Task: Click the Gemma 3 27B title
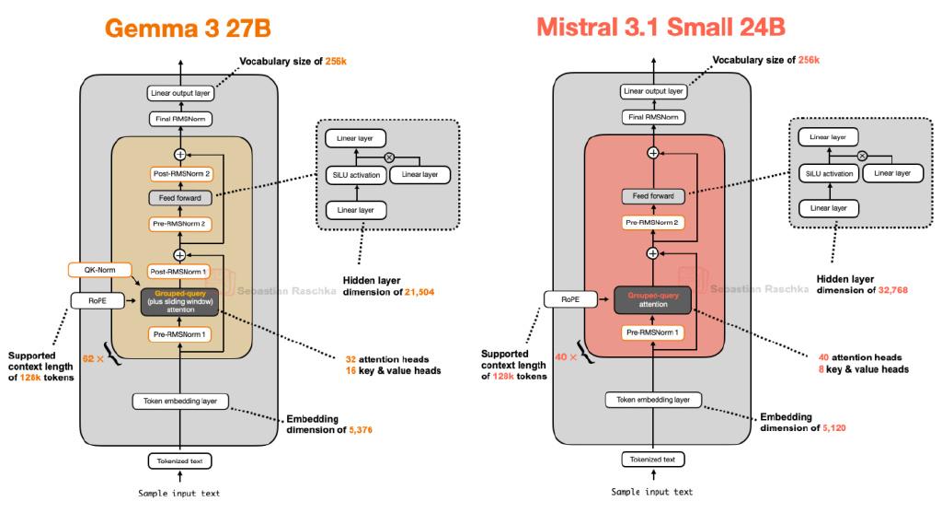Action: (188, 29)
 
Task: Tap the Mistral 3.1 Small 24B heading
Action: (661, 27)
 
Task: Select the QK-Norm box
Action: (99, 270)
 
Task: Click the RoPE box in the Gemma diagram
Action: (98, 300)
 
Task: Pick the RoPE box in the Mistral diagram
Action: (570, 299)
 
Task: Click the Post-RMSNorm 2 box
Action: (181, 174)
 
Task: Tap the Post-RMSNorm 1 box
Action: (178, 272)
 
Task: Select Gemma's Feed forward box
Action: (180, 198)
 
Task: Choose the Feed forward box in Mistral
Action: (653, 196)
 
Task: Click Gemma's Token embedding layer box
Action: (180, 402)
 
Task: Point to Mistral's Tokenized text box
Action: (653, 460)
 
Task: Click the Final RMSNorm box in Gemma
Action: (180, 119)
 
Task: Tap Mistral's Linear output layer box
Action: (653, 91)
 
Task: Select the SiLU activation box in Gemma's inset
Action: (356, 175)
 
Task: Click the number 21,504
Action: (419, 292)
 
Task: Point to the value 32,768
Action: (892, 290)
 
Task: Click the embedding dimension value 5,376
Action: (361, 430)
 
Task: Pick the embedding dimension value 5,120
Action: (833, 428)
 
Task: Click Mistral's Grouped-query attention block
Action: (653, 300)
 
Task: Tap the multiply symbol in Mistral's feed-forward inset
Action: (862, 156)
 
